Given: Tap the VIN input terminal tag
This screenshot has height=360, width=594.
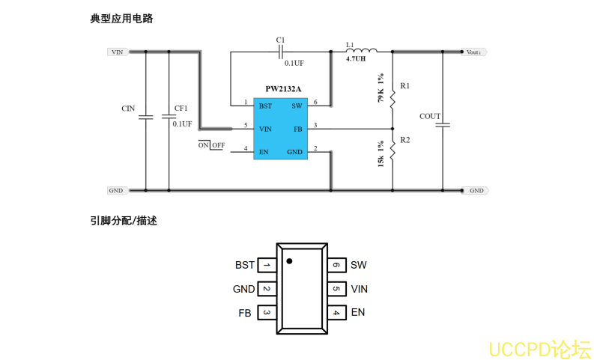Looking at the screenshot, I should [x=116, y=52].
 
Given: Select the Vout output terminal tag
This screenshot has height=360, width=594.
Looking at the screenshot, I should [x=475, y=52].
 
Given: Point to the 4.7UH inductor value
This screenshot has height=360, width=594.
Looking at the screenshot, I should [x=356, y=58].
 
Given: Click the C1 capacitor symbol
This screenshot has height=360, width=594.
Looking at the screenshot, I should [x=280, y=52].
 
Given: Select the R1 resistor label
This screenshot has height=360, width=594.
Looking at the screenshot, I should [x=405, y=86].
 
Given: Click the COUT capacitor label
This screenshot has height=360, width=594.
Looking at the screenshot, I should [x=430, y=116].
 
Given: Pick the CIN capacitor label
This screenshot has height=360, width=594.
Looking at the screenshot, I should [x=128, y=109].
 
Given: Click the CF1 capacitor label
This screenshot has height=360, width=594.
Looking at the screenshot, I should [x=181, y=109].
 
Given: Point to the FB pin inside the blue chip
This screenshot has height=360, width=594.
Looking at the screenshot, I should [x=297, y=129].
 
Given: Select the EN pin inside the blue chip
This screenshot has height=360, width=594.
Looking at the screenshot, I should [x=264, y=152].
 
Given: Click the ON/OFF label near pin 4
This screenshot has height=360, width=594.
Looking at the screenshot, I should [x=211, y=145].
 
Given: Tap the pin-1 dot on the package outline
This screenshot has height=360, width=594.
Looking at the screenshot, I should [x=289, y=261].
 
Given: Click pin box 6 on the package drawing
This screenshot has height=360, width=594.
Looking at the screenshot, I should [x=336, y=265].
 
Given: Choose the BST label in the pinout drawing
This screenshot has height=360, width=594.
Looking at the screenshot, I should [x=244, y=265].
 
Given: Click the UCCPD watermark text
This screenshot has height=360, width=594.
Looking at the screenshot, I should [x=539, y=349].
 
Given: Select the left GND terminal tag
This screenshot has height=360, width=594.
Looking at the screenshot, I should [x=116, y=191].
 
